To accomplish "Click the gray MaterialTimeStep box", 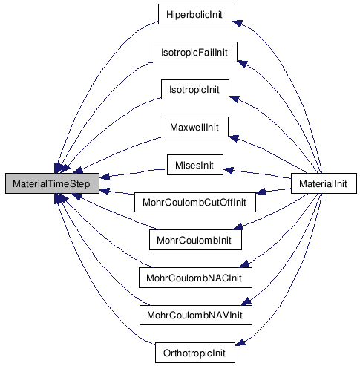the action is [52, 183].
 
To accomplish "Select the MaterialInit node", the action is [324, 183].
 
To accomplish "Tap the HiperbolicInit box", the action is [195, 14].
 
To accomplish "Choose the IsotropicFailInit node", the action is [195, 52].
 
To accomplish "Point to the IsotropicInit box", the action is [195, 89].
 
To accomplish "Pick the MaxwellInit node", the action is [195, 127].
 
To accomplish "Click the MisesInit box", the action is [195, 165].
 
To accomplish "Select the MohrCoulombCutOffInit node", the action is [195, 202].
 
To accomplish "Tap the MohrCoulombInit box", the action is [195, 240].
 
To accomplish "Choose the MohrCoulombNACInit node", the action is [195, 278].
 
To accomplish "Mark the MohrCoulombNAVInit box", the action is [196, 315].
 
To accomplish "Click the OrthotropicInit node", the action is [195, 353].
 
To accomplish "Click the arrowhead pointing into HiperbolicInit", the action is [237, 23].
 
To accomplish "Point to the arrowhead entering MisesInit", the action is [228, 170].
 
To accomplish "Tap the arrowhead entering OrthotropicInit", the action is [240, 342].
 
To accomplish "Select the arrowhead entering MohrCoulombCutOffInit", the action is [261, 192].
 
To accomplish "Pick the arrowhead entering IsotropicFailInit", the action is [243, 64].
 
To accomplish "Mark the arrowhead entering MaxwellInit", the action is [234, 139].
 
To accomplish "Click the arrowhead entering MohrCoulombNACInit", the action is [244, 264].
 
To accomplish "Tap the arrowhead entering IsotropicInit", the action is [234, 99].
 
